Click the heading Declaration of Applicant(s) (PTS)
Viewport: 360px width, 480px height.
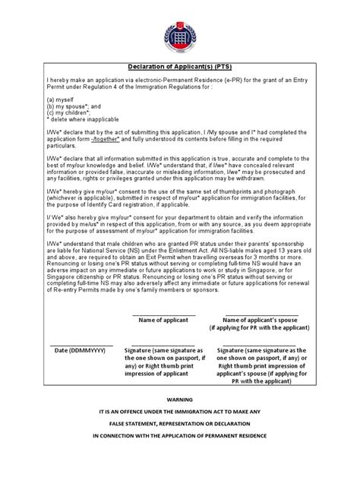179,65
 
